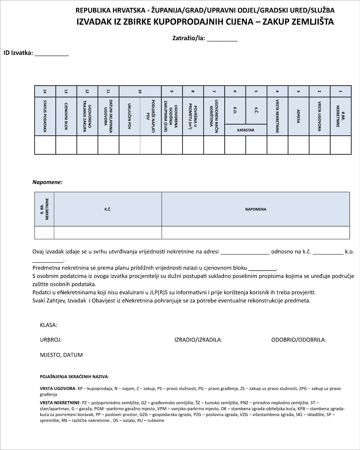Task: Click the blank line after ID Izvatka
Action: click(x=52, y=54)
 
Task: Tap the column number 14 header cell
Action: click(x=45, y=91)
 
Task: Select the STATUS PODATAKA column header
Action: click(x=45, y=116)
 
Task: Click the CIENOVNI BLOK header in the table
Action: click(x=66, y=116)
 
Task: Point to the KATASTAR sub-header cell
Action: click(x=246, y=130)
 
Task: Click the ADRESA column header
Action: click(x=298, y=116)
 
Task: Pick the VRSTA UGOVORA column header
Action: click(x=319, y=116)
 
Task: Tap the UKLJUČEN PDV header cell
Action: click(x=129, y=116)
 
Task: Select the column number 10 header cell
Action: click(x=140, y=91)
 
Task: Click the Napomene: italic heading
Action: click(x=47, y=182)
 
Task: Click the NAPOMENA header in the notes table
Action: click(x=256, y=209)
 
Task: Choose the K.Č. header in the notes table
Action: click(x=108, y=209)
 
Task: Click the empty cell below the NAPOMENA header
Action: click(x=256, y=233)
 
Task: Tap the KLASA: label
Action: click(x=49, y=325)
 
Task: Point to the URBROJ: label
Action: click(x=51, y=340)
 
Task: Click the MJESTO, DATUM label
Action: click(x=61, y=355)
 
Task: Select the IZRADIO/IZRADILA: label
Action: click(x=198, y=340)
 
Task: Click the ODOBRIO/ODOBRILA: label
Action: click(x=299, y=340)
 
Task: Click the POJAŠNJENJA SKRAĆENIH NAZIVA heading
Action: click(x=74, y=377)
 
